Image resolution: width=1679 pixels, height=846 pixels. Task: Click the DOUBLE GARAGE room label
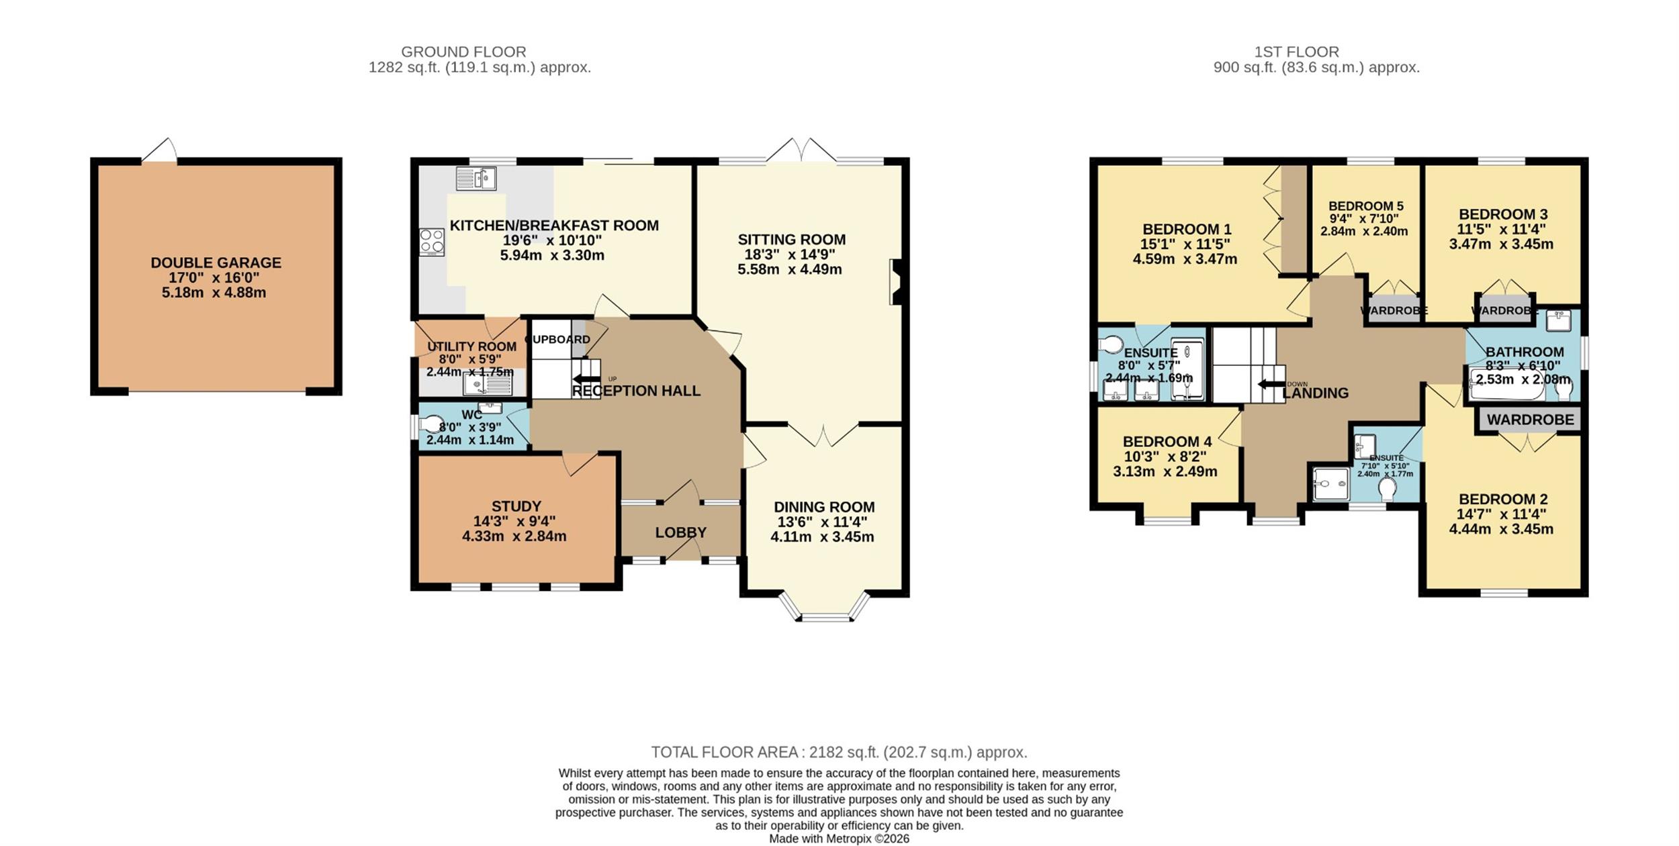216,263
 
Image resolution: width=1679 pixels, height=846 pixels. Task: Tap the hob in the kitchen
432,242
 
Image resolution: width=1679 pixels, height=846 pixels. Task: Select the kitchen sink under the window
476,179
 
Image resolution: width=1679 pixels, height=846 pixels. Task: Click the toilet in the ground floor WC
430,424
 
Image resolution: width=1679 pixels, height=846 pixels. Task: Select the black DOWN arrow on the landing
1271,384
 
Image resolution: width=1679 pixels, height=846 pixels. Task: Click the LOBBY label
680,532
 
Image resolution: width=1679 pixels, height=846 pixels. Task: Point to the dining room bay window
825,607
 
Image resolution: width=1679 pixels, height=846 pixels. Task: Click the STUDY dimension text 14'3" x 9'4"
514,521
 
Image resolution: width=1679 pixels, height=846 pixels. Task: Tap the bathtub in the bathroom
1507,384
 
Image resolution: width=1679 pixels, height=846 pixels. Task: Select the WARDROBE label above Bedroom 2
1530,420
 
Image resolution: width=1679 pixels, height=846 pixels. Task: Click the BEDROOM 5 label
1366,206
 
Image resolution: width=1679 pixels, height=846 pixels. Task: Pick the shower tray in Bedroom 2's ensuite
1331,483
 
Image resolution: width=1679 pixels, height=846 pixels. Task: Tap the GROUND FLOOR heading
463,52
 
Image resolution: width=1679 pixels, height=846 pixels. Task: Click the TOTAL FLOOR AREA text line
839,752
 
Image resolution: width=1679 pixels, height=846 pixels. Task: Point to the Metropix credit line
839,839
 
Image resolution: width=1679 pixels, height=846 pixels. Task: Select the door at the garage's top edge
160,150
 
